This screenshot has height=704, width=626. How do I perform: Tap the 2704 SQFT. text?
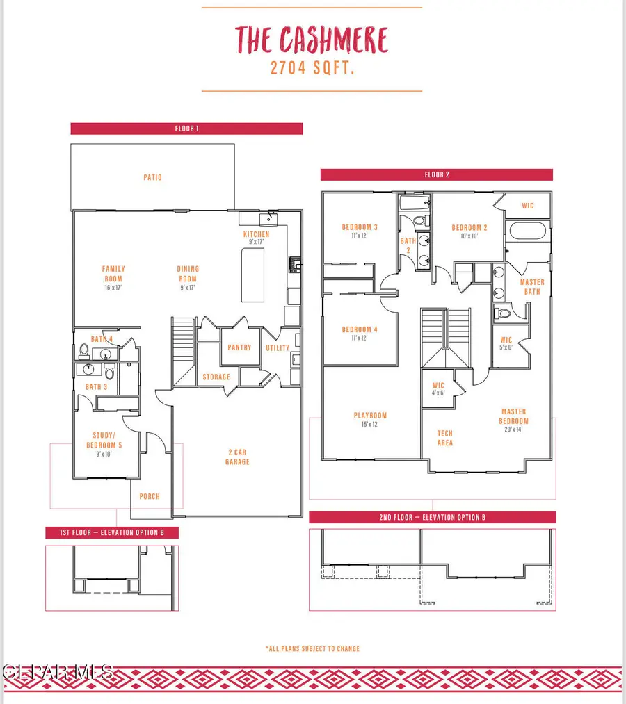click(312, 69)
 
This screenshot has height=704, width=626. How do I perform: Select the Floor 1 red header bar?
click(186, 129)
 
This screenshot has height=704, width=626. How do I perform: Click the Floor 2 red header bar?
click(437, 175)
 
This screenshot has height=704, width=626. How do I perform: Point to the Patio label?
click(152, 177)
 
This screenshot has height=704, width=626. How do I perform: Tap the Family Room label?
click(113, 273)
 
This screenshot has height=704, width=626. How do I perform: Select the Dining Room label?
click(188, 273)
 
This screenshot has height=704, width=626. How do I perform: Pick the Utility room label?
click(278, 347)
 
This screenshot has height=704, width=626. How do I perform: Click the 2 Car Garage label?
click(237, 457)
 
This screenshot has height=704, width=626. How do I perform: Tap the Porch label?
click(150, 496)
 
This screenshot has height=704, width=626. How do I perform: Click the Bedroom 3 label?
click(360, 231)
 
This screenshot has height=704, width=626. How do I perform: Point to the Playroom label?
click(369, 419)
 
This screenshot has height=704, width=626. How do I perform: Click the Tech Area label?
click(445, 438)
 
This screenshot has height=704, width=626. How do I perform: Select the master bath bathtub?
click(529, 231)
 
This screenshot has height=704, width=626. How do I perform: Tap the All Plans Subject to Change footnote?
click(312, 648)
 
